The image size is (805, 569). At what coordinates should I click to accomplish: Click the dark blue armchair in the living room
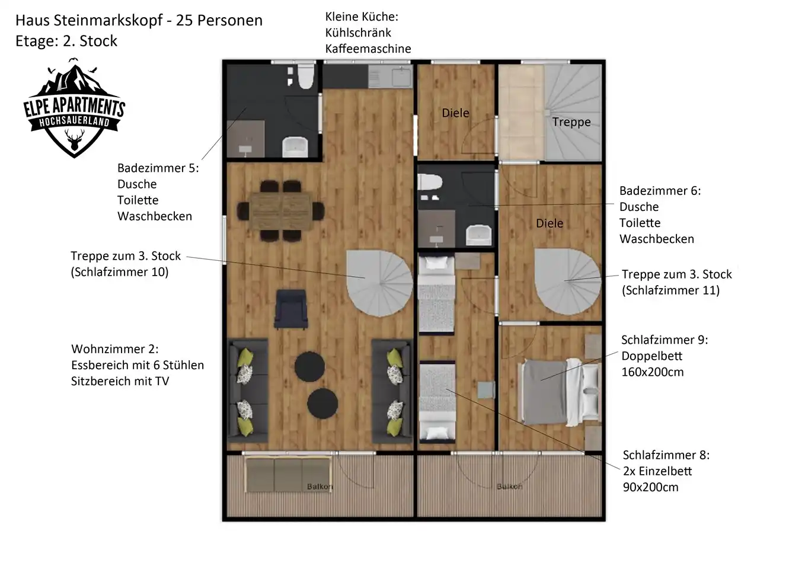pos(290,309)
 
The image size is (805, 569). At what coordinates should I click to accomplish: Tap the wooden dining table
pos(281,211)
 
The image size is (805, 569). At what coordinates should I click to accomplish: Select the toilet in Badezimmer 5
pos(306,76)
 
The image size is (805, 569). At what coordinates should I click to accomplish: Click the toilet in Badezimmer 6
pos(430,182)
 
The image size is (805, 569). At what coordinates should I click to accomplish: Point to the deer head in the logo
pos(75,140)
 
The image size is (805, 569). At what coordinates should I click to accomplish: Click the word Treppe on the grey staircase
pos(571,122)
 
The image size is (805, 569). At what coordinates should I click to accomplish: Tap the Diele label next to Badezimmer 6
pos(550,223)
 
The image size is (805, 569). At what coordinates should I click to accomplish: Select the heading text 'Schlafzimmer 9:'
pos(665,340)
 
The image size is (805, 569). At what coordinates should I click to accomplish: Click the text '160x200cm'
pos(653,372)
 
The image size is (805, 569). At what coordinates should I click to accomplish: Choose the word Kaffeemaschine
pos(368,49)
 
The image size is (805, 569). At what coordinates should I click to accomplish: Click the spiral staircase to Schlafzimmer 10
pos(379,283)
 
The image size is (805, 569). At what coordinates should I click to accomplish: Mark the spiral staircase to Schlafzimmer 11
pos(568,282)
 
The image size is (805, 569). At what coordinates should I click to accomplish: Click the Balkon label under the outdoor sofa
pos(320,487)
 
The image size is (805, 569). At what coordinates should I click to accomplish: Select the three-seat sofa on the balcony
pos(287,474)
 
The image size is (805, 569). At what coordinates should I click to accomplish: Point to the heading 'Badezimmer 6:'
pos(660,191)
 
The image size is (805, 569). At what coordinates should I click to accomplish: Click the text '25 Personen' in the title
pos(219,21)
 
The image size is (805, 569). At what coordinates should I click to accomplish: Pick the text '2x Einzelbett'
pos(657,471)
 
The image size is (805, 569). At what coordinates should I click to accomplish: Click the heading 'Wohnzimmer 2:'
pos(115,349)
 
